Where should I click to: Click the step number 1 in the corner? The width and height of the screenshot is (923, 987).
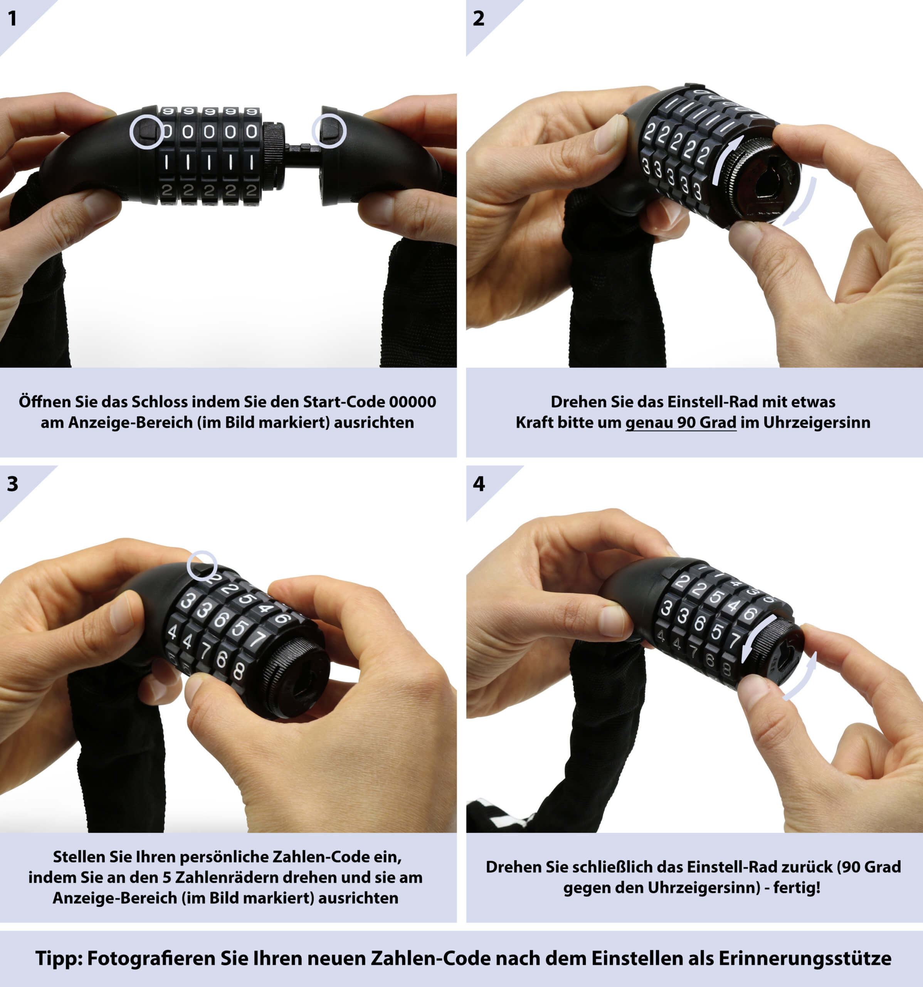tap(12, 19)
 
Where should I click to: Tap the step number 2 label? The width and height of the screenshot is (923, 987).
tap(478, 19)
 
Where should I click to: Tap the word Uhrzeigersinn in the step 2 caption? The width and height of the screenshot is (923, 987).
tap(817, 423)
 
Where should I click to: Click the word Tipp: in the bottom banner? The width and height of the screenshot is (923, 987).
tap(59, 958)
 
